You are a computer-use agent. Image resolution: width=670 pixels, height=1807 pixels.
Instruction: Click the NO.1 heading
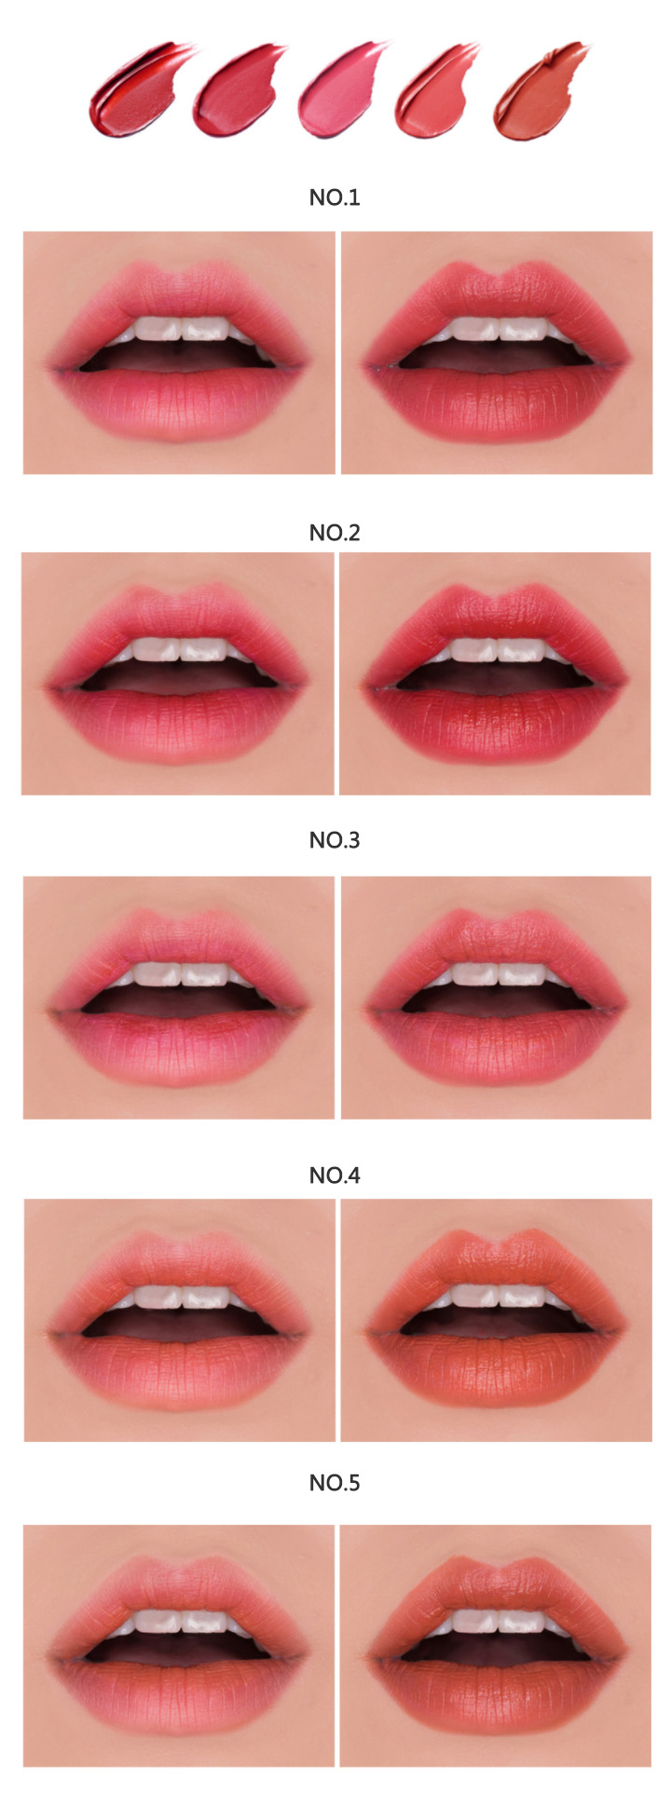tap(335, 197)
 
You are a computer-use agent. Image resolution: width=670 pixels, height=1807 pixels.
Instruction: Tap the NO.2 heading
tap(335, 533)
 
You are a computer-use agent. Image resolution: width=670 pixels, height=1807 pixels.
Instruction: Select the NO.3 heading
tap(335, 840)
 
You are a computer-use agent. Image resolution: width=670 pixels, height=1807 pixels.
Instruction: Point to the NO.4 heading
tap(335, 1175)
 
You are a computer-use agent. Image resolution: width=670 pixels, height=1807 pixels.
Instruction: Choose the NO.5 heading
tap(335, 1483)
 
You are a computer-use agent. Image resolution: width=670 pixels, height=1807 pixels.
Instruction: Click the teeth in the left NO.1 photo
tap(184, 330)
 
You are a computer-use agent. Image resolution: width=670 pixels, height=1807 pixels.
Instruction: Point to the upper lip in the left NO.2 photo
tap(177, 618)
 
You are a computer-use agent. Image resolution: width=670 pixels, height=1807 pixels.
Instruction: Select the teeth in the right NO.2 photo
tap(499, 649)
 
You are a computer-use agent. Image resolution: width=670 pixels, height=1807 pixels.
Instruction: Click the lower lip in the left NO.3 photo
tap(179, 1049)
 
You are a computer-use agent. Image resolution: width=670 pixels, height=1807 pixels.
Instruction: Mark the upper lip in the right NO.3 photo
tap(496, 943)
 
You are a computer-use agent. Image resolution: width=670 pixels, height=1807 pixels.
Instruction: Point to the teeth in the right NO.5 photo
tap(499, 1624)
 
